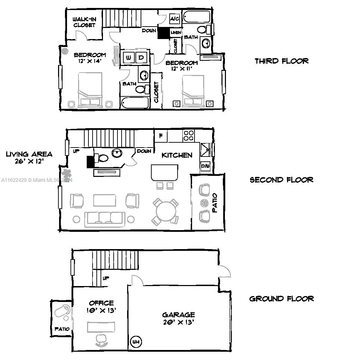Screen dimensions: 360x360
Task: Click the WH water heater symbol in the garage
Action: coord(136,342)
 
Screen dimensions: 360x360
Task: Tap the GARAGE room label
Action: coord(179,315)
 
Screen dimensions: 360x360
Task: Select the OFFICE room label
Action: coord(101,303)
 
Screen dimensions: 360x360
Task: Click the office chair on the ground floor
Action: coord(101,340)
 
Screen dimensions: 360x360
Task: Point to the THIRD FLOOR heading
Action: coord(282,61)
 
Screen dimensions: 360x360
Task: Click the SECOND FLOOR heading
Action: coord(282,180)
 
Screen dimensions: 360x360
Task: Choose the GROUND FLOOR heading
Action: coord(282,299)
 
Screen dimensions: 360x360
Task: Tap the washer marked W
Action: coord(129,57)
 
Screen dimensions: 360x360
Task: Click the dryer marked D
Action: coord(141,57)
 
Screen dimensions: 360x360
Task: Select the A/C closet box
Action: coord(175,19)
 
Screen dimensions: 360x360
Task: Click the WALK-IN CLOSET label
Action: coord(84,22)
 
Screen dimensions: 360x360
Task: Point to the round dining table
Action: coord(166,211)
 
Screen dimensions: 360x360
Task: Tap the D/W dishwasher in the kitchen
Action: coord(205,166)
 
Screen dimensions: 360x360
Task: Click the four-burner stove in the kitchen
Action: coord(188,135)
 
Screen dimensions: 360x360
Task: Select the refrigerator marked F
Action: coord(161,136)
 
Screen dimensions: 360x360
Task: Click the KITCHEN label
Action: coord(177,155)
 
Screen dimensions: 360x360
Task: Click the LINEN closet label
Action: coord(176,32)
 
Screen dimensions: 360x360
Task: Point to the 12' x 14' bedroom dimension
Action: coord(89,61)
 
